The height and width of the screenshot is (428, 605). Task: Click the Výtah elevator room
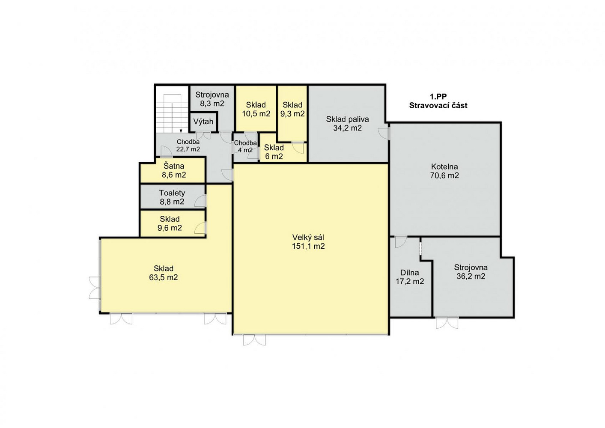203,122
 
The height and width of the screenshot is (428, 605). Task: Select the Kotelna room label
444,166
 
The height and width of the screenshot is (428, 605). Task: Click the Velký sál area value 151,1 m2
308,246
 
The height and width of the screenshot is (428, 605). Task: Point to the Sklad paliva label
347,119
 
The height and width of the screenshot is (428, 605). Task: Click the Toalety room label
172,193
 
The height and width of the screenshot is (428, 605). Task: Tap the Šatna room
173,170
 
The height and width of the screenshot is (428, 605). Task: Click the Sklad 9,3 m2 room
292,113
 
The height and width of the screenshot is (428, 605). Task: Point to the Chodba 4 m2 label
245,146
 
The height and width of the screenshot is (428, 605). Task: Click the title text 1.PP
438,97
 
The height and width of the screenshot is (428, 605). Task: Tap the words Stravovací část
438,105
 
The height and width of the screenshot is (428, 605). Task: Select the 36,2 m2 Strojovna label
471,272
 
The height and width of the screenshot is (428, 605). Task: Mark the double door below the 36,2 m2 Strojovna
447,322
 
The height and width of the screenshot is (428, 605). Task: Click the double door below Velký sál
254,340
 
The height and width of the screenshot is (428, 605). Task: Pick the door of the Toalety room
200,201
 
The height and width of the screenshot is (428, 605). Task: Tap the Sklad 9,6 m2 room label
170,223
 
